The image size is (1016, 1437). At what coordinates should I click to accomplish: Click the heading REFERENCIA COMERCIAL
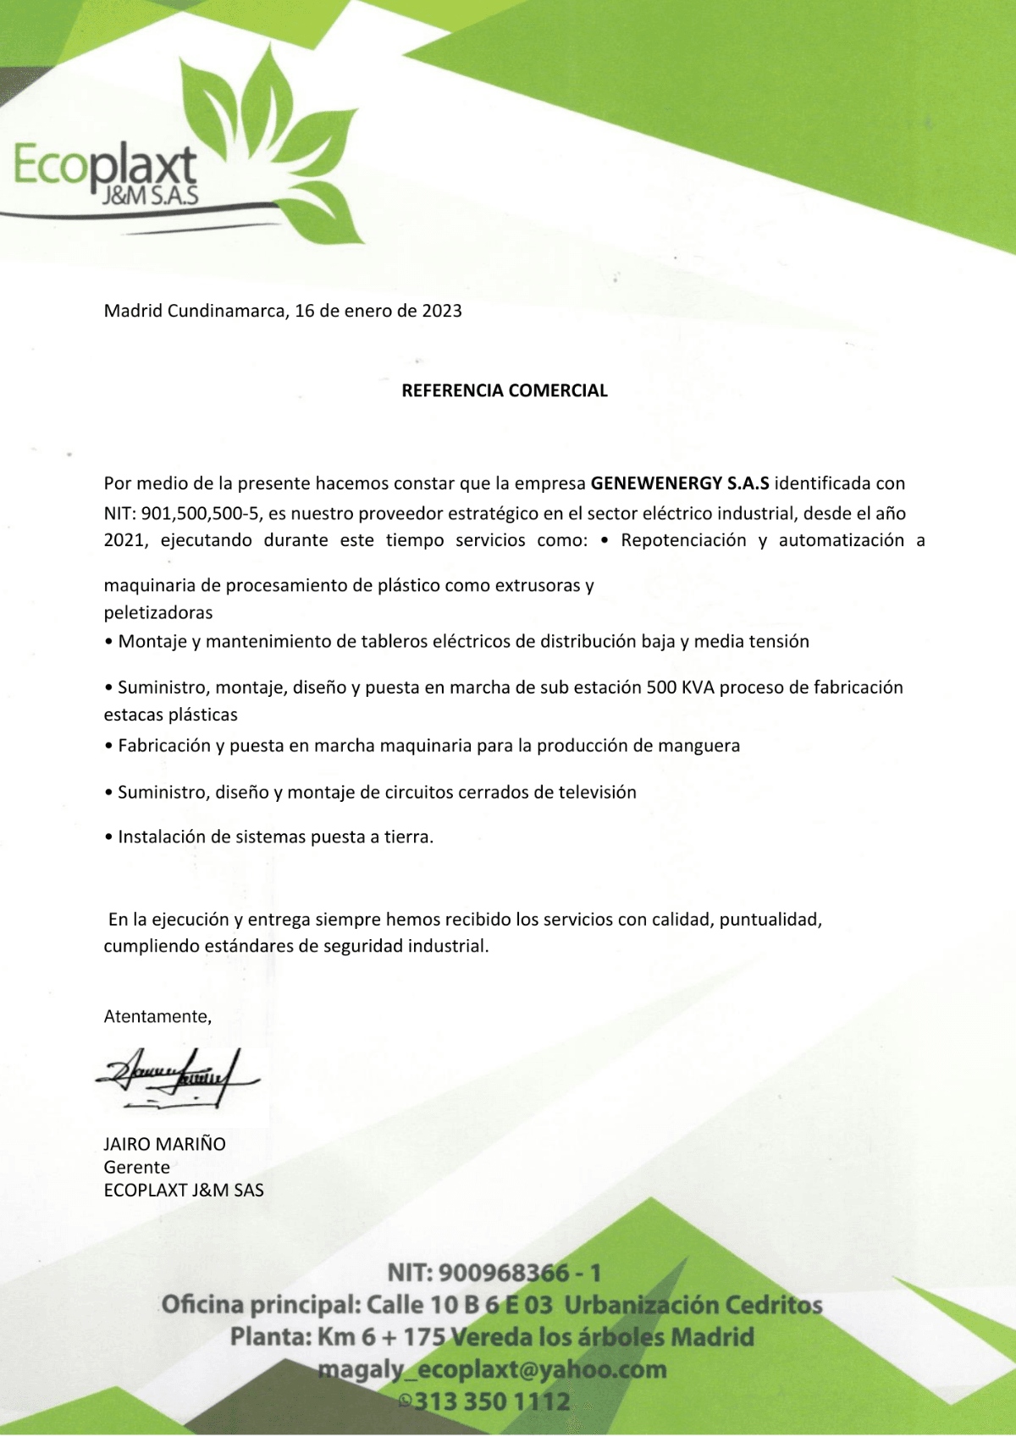click(x=505, y=390)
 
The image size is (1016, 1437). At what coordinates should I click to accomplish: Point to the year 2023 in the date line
click(x=442, y=311)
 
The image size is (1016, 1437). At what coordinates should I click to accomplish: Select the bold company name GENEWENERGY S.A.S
click(x=680, y=484)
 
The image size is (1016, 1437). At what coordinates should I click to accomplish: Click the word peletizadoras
click(x=158, y=612)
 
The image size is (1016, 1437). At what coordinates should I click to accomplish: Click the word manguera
click(x=698, y=746)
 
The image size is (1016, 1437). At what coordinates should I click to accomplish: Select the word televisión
click(x=597, y=793)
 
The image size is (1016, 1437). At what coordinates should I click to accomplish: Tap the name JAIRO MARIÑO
click(x=164, y=1144)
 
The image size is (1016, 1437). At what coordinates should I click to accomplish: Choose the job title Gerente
click(x=136, y=1167)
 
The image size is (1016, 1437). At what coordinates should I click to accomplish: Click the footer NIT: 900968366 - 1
click(x=494, y=1272)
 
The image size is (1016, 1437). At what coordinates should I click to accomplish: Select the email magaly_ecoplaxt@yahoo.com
click(x=492, y=1369)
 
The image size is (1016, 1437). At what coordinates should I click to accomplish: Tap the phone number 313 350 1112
click(x=491, y=1401)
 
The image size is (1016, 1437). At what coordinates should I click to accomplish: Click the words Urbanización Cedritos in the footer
click(x=693, y=1305)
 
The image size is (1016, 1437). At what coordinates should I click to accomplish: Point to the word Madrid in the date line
click(x=133, y=311)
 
